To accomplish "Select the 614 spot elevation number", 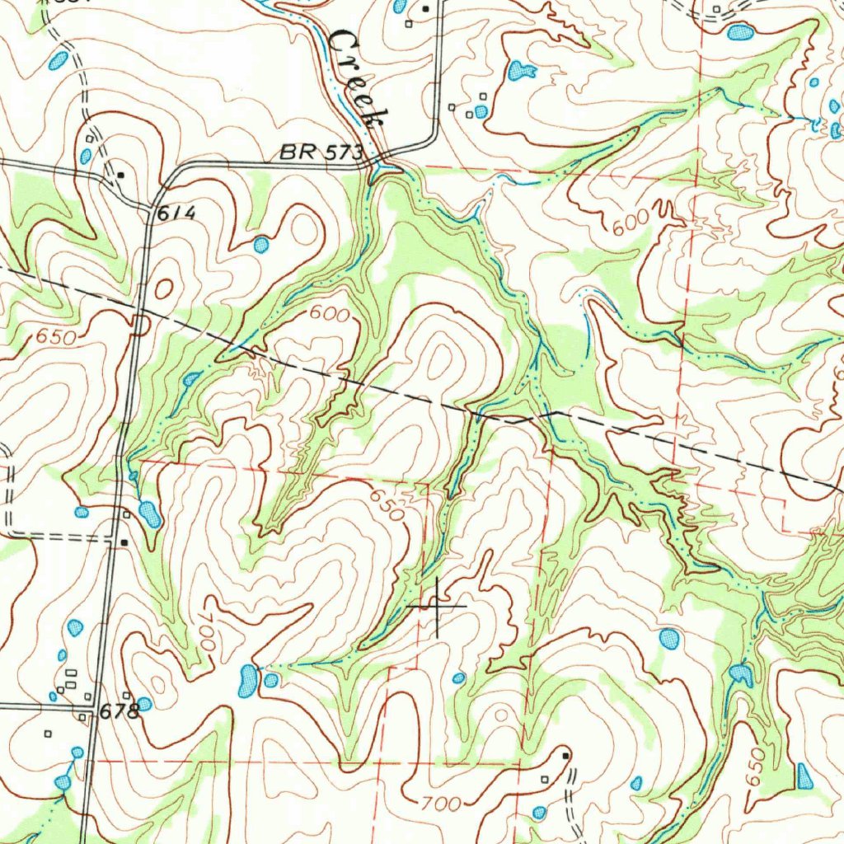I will point(176,213).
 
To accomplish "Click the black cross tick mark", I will point(437,606).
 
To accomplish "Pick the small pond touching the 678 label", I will point(144,704).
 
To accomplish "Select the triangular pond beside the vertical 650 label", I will point(804,775).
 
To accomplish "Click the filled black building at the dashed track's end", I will point(565,755).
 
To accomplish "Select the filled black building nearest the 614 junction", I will point(121,175).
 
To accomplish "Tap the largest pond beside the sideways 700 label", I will point(246,681).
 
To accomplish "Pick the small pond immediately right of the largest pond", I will point(271,680).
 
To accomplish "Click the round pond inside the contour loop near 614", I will point(260,244).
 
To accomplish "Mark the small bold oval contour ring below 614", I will point(163,288).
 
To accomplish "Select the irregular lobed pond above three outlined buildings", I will point(518,72).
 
